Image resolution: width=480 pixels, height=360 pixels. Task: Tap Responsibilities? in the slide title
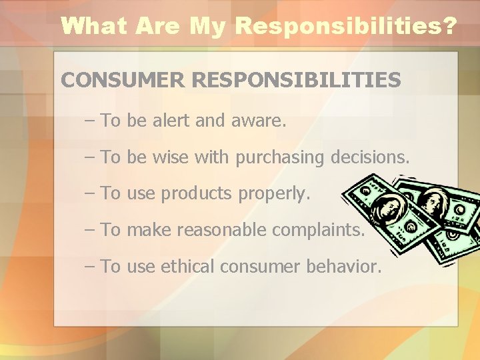click(346, 26)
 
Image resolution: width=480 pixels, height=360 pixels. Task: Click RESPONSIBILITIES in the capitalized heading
click(296, 81)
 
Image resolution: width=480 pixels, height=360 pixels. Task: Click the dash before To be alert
click(91, 121)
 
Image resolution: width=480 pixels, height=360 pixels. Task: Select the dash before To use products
click(91, 194)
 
